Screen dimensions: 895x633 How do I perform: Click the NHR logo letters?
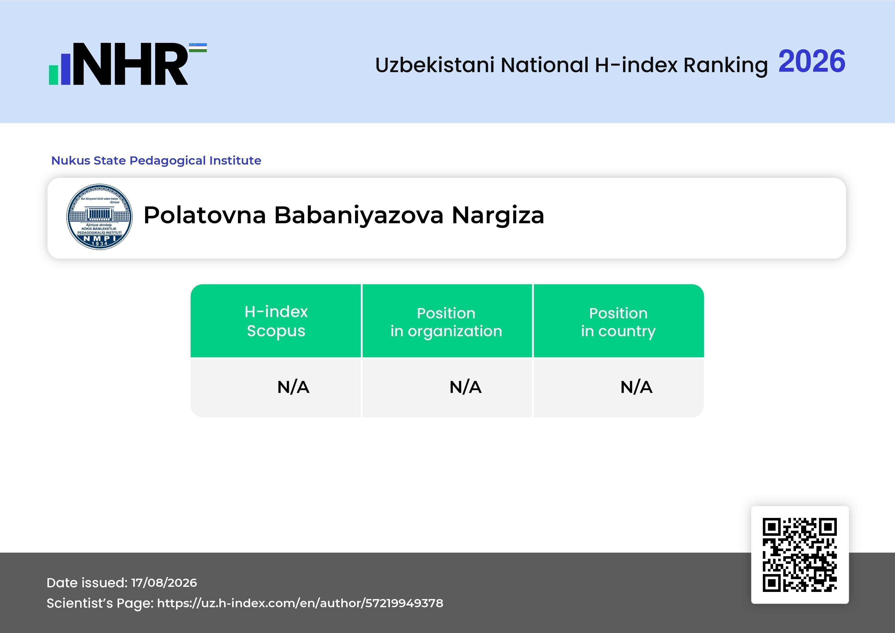pyautogui.click(x=131, y=64)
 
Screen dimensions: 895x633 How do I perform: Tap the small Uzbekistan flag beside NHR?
pyautogui.click(x=198, y=47)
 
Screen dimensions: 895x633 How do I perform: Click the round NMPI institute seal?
pyautogui.click(x=100, y=217)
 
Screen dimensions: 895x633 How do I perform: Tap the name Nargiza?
pyautogui.click(x=498, y=216)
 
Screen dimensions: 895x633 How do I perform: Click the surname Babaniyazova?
pyautogui.click(x=359, y=216)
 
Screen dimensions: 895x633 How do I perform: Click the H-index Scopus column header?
pyautogui.click(x=276, y=321)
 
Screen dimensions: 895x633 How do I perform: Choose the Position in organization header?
pyautogui.click(x=446, y=322)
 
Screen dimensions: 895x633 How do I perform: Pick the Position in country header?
pyautogui.click(x=618, y=322)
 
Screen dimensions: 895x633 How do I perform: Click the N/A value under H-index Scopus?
pyautogui.click(x=293, y=387)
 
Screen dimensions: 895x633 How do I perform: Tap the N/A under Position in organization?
pyautogui.click(x=465, y=387)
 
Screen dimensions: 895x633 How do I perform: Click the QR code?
pyautogui.click(x=800, y=555)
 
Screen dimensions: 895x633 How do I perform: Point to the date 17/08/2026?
pyautogui.click(x=164, y=583)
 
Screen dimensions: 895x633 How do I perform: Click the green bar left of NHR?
pyautogui.click(x=53, y=75)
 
